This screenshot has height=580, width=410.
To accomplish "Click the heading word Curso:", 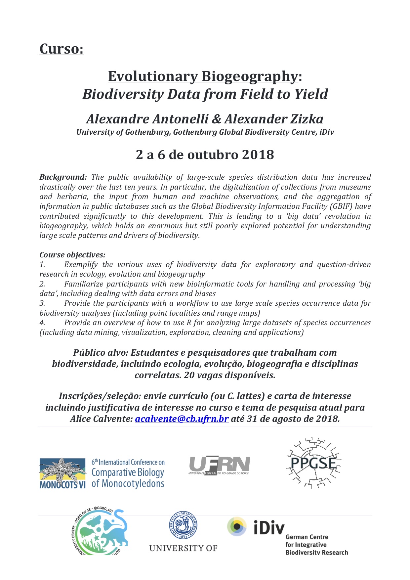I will [x=61, y=49].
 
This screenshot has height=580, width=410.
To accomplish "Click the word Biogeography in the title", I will [x=250, y=77].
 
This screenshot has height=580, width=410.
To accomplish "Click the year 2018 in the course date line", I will [x=258, y=155].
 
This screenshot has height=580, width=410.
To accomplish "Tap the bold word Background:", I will [x=63, y=177].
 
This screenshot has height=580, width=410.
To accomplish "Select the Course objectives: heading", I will [x=72, y=255].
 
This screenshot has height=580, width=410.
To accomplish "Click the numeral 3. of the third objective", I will [x=42, y=303].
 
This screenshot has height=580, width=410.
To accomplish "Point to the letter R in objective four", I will [x=189, y=323].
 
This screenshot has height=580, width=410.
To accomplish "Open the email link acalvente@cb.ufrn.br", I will [x=182, y=419].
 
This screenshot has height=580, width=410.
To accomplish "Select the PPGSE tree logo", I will [x=313, y=463].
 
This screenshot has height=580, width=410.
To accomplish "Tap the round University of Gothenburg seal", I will [x=183, y=525].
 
